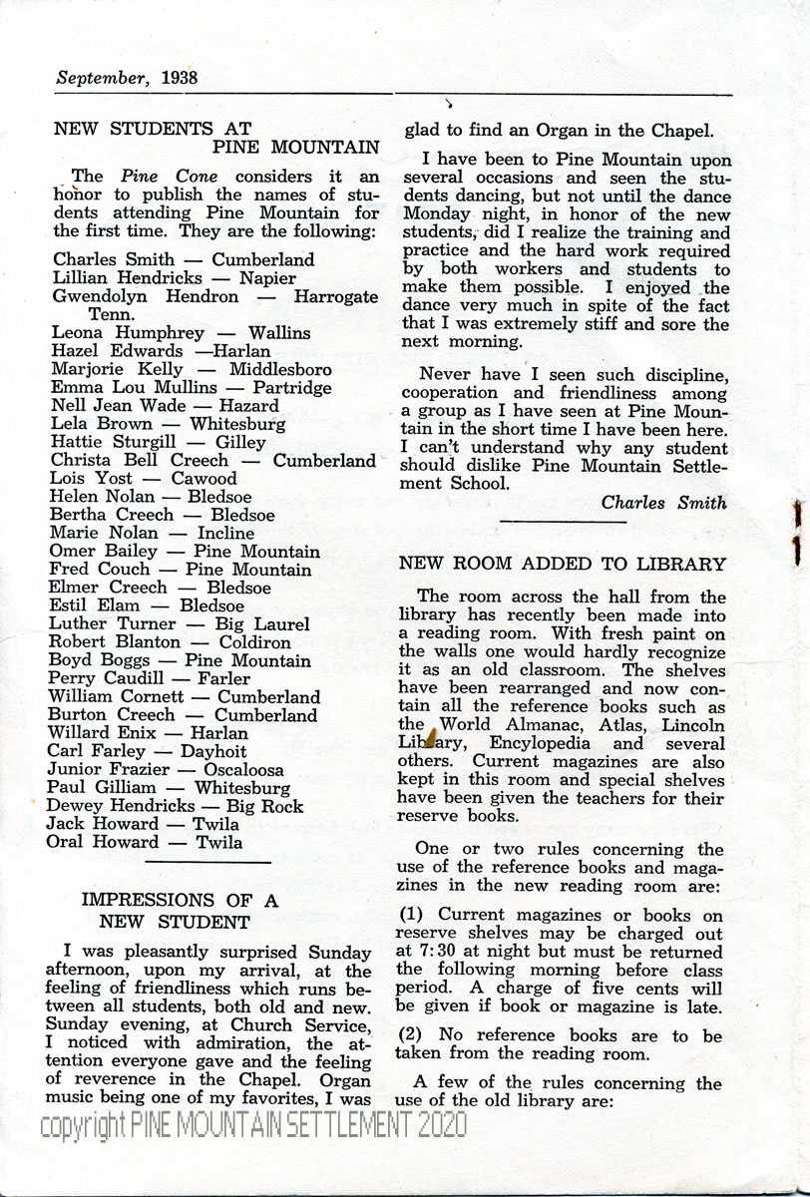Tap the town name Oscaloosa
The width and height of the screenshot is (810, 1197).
(x=243, y=770)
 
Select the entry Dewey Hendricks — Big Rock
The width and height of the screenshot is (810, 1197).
(x=175, y=806)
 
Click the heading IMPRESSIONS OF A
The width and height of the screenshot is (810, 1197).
(x=180, y=901)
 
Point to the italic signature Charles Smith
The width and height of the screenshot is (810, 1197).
(x=663, y=503)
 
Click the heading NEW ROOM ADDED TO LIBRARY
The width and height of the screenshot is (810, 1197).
(x=563, y=564)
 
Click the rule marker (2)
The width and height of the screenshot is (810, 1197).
(x=412, y=1035)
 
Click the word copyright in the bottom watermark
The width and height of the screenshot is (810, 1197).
(x=83, y=1126)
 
